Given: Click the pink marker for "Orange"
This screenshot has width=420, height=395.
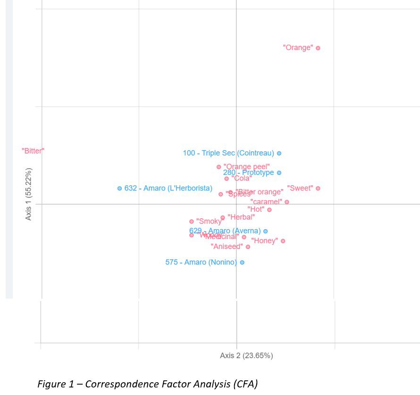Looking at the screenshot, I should (318, 48).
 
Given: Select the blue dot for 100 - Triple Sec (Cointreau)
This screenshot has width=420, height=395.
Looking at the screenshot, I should (279, 153).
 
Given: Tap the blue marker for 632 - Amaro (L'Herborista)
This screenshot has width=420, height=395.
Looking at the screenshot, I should (119, 188).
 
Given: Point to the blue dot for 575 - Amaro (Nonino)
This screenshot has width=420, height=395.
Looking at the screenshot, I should (242, 262).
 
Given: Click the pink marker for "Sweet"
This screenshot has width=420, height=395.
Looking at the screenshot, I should (318, 188).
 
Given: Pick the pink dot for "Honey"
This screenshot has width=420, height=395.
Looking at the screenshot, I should (283, 241).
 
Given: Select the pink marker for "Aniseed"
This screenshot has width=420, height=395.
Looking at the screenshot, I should (248, 247).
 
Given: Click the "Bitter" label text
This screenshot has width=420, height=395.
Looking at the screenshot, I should (33, 151).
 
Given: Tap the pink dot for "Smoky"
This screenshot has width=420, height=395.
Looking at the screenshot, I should (192, 221).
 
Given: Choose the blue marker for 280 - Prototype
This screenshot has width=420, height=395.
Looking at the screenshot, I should (279, 173).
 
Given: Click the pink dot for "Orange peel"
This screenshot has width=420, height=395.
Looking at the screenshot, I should (218, 167).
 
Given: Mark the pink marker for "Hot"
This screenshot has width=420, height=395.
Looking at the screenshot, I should (269, 210).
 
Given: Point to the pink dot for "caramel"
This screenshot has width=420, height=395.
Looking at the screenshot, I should (286, 202).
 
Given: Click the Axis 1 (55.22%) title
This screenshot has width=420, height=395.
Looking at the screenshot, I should (29, 194).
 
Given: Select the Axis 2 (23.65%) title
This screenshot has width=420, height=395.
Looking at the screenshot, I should (246, 356).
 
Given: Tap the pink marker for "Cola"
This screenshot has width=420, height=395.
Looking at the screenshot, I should (227, 179).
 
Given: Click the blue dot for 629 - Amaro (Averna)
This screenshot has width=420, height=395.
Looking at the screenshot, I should (265, 231).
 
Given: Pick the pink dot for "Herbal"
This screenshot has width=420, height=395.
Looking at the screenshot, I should (223, 217).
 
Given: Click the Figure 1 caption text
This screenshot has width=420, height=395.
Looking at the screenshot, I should (148, 384).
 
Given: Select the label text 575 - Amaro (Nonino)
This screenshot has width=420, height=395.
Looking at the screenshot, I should (201, 262).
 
